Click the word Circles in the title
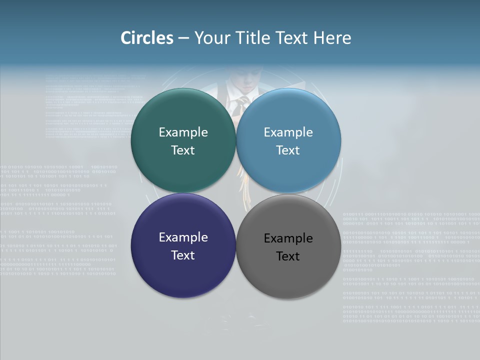point(147,38)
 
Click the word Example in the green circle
point(183,132)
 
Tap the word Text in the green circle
point(183,150)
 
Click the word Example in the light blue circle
point(288,132)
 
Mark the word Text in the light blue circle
point(288,150)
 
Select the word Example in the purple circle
point(183,237)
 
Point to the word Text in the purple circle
point(183,255)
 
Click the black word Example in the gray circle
point(288,238)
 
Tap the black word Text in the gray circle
point(288,256)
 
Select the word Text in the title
point(291,38)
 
